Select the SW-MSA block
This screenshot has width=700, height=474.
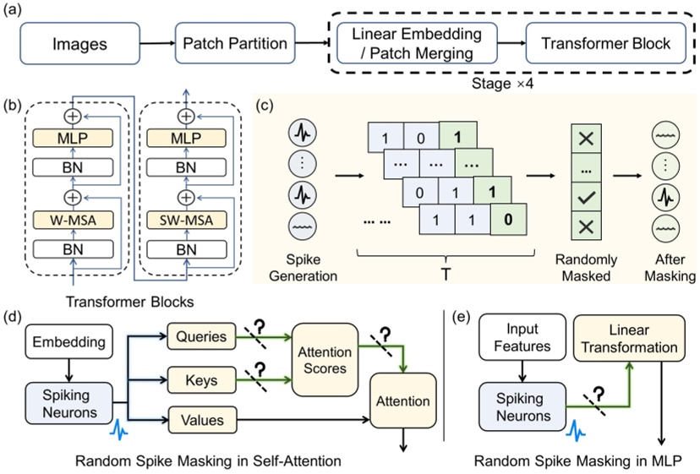[x=179, y=221]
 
